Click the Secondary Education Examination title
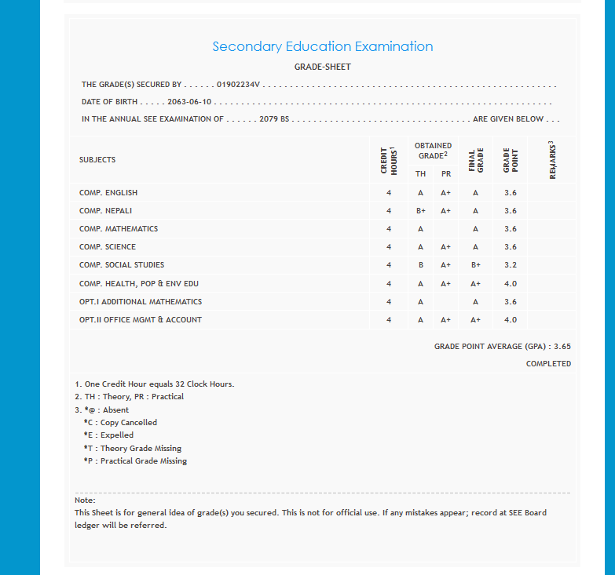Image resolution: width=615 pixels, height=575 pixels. click(322, 47)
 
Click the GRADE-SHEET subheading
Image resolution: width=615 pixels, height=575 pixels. click(322, 67)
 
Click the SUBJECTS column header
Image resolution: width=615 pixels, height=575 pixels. click(97, 160)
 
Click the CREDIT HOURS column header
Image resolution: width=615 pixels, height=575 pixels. click(389, 160)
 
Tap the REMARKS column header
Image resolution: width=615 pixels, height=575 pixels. click(552, 160)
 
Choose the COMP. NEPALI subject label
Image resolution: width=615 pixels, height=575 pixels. click(105, 211)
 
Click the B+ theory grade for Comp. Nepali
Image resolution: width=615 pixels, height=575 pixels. click(421, 211)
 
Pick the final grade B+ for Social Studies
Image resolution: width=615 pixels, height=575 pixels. click(475, 265)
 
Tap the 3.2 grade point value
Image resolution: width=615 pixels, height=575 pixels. click(511, 265)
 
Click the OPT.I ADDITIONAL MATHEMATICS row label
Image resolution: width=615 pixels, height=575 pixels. click(141, 302)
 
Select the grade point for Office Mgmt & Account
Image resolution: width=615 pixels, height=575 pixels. click(511, 320)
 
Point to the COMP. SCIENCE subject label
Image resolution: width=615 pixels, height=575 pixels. click(108, 247)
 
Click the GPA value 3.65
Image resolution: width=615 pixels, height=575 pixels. click(562, 346)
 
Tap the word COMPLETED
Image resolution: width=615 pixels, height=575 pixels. click(548, 364)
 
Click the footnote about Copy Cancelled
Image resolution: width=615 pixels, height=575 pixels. click(120, 423)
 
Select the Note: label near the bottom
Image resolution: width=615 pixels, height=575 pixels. click(85, 500)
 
